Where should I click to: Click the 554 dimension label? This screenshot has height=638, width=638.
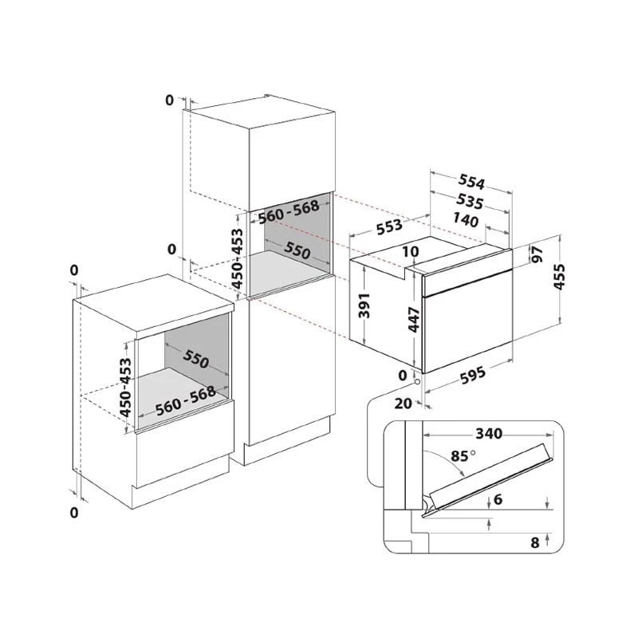(x=471, y=182)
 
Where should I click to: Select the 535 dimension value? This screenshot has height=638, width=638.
(x=470, y=201)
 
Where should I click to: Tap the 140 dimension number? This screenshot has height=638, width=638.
(x=466, y=220)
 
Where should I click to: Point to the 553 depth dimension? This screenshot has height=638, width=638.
(x=389, y=227)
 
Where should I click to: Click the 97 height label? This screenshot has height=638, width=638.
(x=538, y=254)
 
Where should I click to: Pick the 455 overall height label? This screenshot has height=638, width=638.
(x=559, y=277)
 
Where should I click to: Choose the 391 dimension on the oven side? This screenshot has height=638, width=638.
(x=364, y=305)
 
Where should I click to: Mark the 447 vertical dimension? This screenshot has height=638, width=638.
(x=414, y=320)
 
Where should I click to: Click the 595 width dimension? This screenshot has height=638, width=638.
(x=472, y=375)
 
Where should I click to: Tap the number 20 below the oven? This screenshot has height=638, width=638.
(x=404, y=404)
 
